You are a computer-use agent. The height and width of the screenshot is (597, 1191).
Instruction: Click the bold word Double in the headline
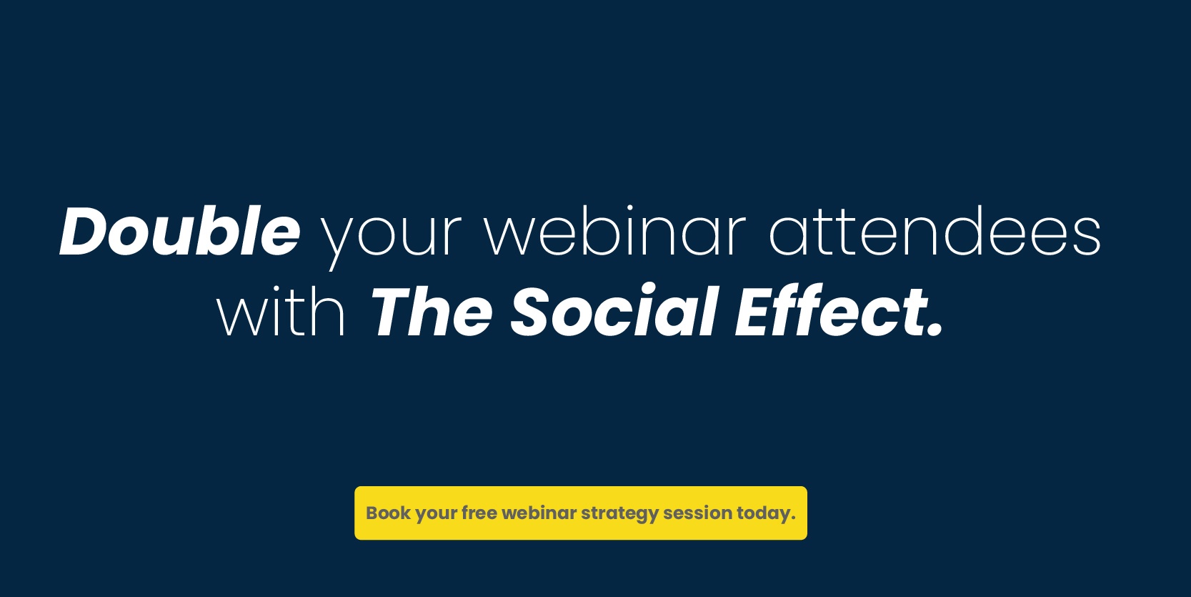tap(180, 231)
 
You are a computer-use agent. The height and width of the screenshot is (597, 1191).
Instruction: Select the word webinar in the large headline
tap(616, 231)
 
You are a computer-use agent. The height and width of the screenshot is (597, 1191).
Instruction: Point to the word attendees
tap(935, 231)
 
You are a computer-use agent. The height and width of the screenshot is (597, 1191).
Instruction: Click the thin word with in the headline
tap(281, 311)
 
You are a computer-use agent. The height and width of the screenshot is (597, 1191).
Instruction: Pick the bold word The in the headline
tap(431, 312)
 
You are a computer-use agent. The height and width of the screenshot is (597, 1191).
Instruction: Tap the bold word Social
tap(614, 311)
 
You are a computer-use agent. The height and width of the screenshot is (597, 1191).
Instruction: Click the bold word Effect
tap(833, 311)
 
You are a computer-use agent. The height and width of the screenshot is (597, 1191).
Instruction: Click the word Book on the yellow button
tap(388, 513)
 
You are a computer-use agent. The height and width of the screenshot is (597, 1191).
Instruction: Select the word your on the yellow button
tap(436, 515)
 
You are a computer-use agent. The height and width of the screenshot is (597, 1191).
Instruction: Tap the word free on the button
tap(479, 513)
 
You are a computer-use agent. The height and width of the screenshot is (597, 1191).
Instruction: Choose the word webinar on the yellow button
tap(539, 513)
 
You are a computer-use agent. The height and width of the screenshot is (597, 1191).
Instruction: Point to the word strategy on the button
tap(620, 515)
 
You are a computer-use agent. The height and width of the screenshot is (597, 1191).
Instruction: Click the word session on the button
tap(697, 513)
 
